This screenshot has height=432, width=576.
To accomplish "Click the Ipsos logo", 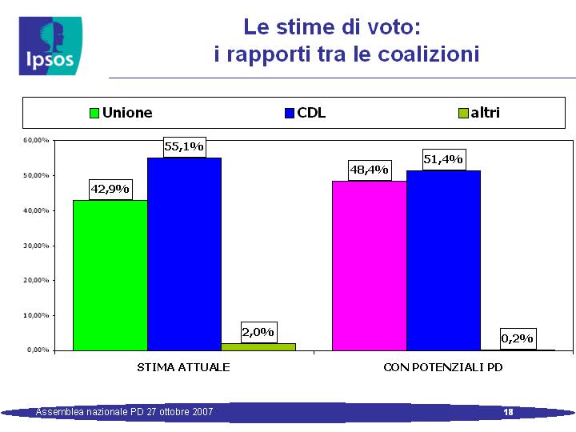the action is click(50, 46).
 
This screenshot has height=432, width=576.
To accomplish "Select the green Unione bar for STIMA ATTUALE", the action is click(110, 275).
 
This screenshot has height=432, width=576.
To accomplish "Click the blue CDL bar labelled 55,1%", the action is click(185, 254).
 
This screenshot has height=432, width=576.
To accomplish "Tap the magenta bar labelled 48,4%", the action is click(370, 266).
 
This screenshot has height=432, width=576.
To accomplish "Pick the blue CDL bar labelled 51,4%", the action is click(444, 261).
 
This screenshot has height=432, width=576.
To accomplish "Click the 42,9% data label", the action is click(110, 189).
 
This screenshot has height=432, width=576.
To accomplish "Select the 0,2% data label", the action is click(518, 338).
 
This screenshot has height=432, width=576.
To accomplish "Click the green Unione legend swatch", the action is click(94, 113).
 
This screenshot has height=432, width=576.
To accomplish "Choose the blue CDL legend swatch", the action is click(290, 113).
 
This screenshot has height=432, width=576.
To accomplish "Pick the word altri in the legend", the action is click(486, 113).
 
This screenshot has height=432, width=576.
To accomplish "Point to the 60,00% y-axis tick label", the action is click(36, 140).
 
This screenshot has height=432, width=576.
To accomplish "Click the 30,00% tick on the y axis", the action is click(36, 246).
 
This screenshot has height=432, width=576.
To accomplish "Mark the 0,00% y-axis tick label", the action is click(38, 350).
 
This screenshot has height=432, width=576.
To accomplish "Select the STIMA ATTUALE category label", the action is click(183, 367).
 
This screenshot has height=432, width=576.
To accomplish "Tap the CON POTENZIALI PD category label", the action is click(443, 367).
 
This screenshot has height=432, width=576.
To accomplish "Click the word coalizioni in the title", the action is click(429, 54).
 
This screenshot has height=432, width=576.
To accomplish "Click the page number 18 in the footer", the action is click(509, 412).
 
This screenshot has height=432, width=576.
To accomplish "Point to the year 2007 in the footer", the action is click(204, 412).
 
